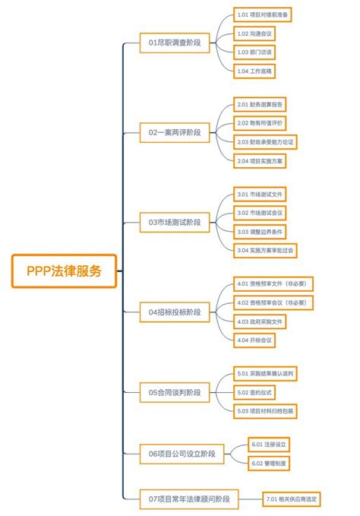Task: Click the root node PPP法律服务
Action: point(64,271)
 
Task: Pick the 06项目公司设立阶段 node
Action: point(182,454)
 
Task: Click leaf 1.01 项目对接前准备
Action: point(263,14)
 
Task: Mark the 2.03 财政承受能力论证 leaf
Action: point(267,141)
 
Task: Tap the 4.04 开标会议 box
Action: point(254,340)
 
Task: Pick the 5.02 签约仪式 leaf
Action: point(254,392)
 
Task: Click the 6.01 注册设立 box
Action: point(270,444)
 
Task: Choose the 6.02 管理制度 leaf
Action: point(270,463)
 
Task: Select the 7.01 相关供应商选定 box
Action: point(292,499)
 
